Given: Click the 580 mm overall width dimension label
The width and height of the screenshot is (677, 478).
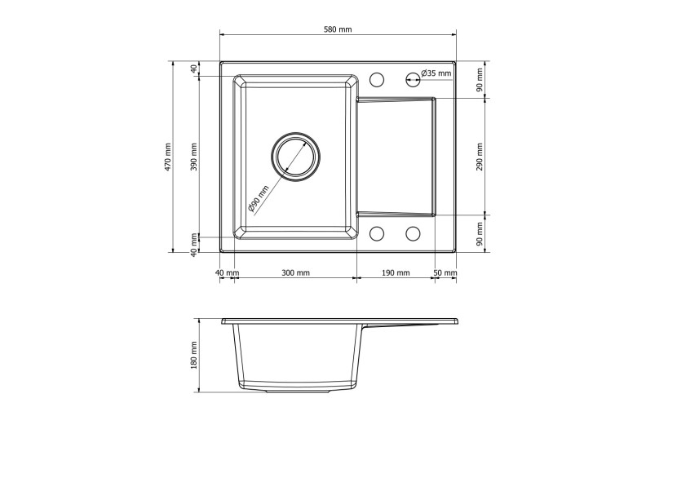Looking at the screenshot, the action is pos(338,29).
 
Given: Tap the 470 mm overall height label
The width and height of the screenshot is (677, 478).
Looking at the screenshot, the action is pos(168,157).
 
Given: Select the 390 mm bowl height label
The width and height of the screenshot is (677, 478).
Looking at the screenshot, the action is pos(194,157).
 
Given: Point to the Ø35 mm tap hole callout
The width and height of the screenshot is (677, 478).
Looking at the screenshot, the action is pos(436,73).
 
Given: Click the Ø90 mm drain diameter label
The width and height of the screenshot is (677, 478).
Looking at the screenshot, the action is pos(259,198).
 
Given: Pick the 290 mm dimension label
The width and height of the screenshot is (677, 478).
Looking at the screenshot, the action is pos(480,157).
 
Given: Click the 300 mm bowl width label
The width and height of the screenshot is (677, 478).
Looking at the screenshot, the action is pos(296,272).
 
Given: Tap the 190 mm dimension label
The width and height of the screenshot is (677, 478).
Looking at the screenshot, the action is pos(396,272).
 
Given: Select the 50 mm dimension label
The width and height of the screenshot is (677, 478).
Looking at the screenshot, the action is pos(445,272).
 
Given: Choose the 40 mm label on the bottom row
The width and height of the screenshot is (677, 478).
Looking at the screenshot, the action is pos(227,272).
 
